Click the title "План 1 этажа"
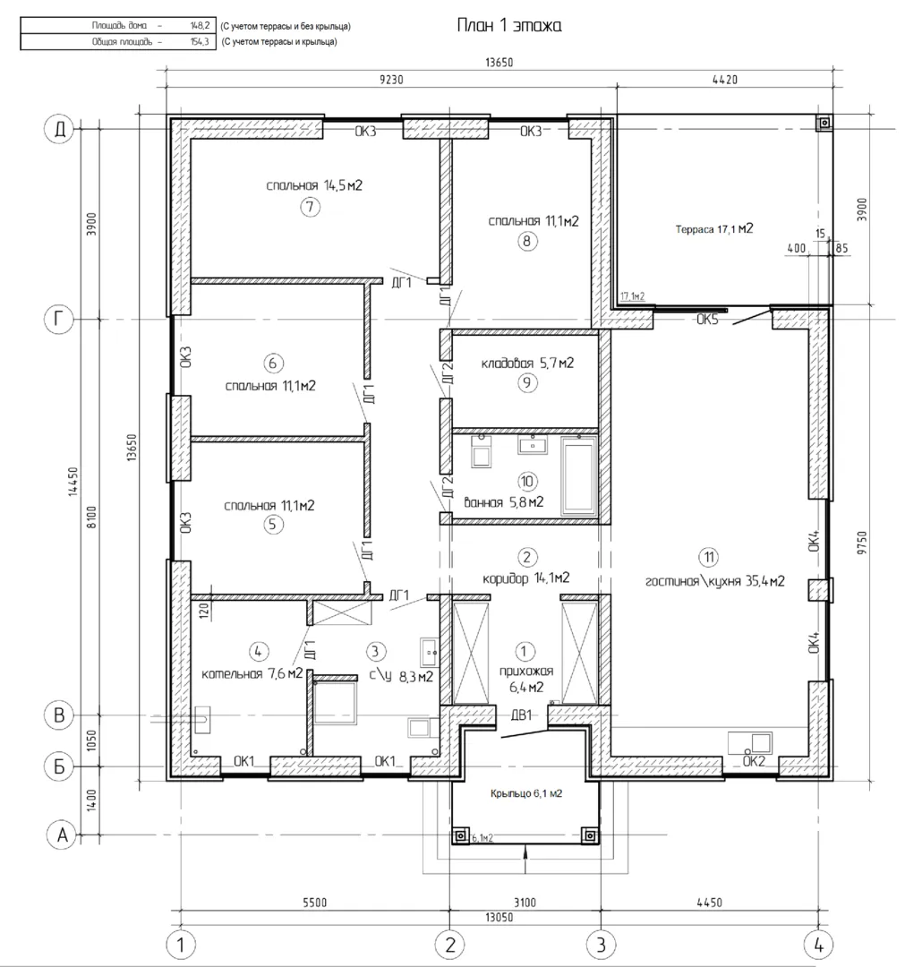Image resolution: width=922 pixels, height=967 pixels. [508, 25]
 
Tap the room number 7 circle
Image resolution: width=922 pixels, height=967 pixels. [311, 207]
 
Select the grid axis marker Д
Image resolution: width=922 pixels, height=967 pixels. [60, 130]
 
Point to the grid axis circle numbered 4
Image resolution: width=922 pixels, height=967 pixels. [819, 945]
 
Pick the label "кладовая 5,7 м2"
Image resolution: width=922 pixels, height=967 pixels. [527, 364]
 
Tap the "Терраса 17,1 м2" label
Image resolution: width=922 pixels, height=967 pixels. [714, 229]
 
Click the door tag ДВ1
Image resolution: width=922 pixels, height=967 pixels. [521, 715]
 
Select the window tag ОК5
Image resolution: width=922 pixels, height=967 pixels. [707, 320]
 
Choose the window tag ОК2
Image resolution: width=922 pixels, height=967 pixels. [754, 762]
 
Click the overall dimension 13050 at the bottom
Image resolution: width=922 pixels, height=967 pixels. [499, 918]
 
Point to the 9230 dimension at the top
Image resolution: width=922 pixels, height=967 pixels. [391, 80]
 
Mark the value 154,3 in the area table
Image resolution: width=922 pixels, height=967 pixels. [200, 42]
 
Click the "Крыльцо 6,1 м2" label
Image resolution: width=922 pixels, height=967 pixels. [526, 793]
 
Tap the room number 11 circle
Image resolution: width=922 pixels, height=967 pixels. [709, 558]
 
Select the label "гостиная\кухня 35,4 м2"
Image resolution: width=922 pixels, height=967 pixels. [715, 581]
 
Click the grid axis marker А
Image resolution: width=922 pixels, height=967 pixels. [63, 835]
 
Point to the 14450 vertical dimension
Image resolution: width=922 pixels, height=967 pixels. [73, 482]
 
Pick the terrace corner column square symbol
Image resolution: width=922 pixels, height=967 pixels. [824, 124]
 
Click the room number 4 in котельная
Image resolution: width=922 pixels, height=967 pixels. [258, 651]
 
